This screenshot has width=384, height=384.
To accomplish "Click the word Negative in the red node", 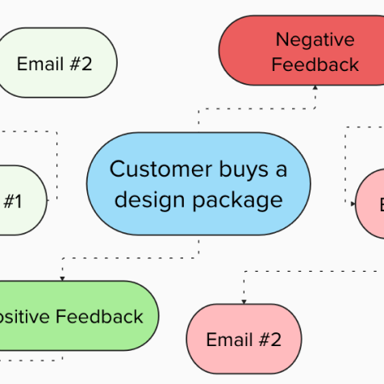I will [315, 39].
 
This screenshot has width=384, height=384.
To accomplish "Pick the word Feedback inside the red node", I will [315, 65].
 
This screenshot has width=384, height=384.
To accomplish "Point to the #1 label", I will [12, 201].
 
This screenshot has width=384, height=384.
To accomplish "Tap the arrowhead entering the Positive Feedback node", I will [62, 277].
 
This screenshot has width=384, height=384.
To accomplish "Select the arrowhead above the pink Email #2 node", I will [244, 300].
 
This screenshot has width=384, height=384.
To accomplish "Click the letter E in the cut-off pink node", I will [380, 205].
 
